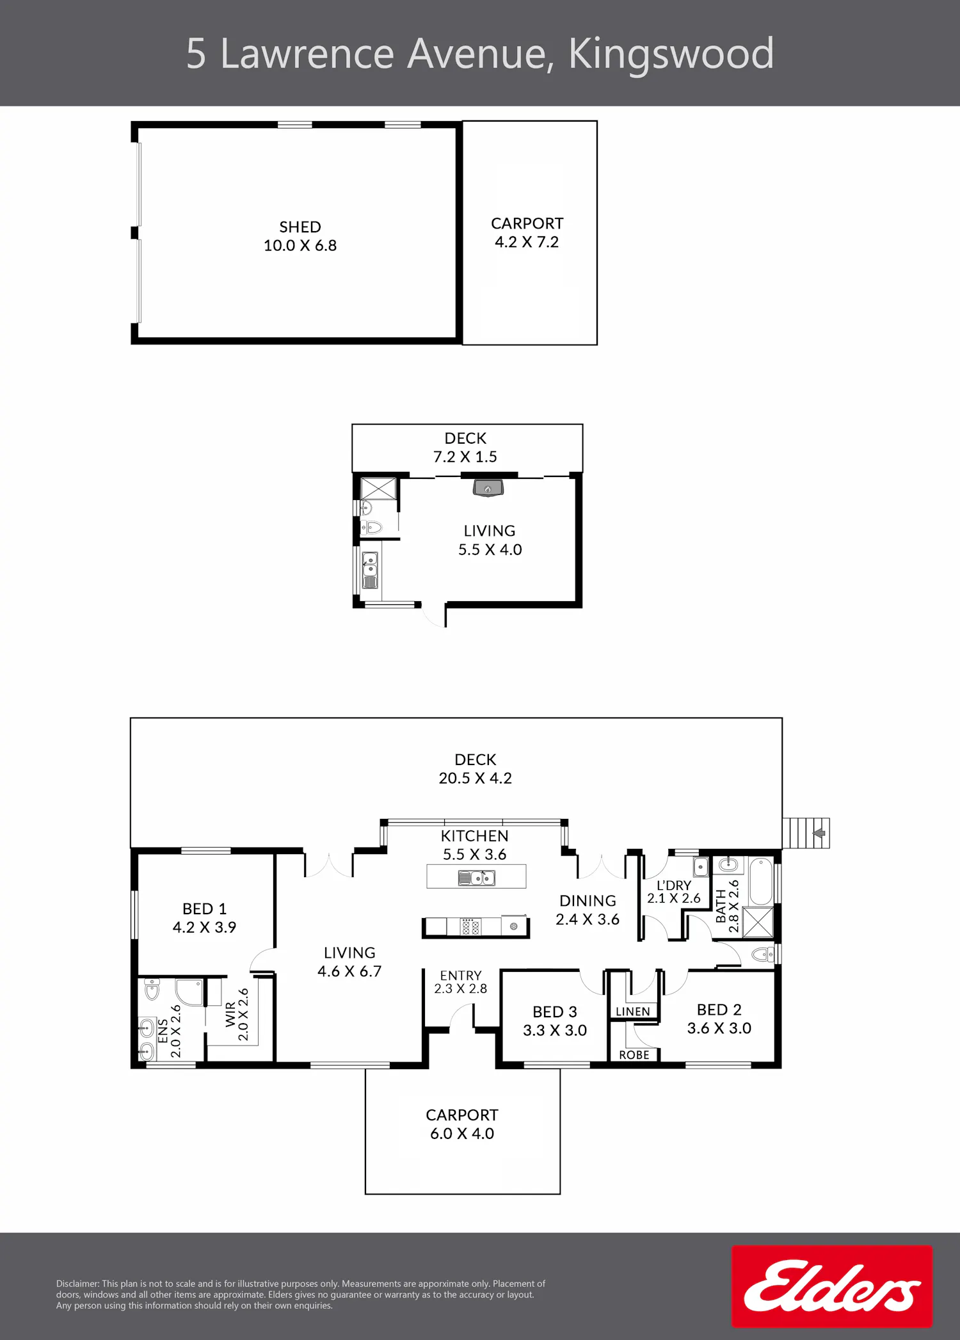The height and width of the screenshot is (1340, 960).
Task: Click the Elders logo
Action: tap(832, 1286)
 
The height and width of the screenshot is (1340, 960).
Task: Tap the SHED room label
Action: tap(300, 227)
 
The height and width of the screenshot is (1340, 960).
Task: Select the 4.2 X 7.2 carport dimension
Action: tap(527, 242)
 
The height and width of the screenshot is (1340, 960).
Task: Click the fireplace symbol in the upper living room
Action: tap(488, 488)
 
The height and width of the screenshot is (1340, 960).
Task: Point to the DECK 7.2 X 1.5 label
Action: tap(465, 448)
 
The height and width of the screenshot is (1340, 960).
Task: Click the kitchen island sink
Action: tap(477, 878)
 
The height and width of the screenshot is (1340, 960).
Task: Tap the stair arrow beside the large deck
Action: tap(820, 834)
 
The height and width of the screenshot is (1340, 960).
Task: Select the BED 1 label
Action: tap(205, 909)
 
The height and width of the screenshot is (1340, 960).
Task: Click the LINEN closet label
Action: tap(633, 1012)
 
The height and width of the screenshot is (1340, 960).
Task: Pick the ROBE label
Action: tap(634, 1055)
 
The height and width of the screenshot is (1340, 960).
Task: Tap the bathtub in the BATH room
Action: tap(762, 880)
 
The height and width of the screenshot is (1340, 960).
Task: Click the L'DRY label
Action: tap(674, 885)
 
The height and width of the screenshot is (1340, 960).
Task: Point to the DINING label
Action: tap(588, 901)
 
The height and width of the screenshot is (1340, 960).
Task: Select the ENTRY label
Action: tap(461, 975)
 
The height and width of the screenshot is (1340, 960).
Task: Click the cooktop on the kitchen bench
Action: tap(471, 926)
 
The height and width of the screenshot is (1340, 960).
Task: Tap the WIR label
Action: tap(230, 1015)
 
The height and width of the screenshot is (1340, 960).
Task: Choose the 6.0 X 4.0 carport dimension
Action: tap(462, 1133)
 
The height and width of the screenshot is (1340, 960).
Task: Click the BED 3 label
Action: tap(555, 1012)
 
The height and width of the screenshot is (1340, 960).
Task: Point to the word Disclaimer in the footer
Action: tap(77, 1284)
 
